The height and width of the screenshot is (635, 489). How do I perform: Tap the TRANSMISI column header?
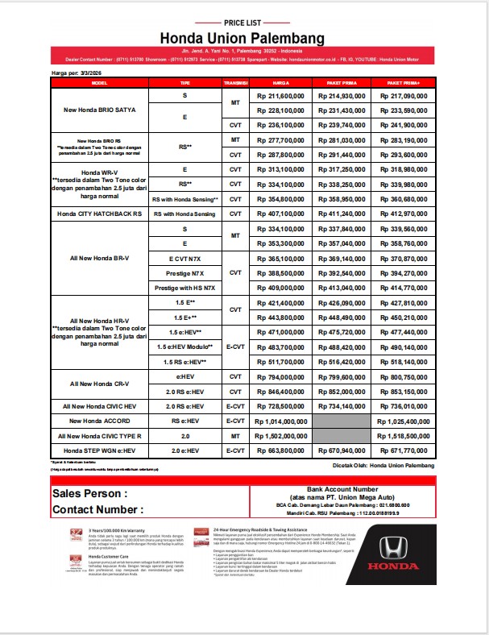235,82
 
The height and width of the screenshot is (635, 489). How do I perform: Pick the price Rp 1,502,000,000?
281,435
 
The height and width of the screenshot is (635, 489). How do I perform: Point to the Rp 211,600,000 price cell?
281,96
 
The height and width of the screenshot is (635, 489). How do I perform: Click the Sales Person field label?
90,493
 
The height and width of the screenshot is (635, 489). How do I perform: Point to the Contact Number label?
97,509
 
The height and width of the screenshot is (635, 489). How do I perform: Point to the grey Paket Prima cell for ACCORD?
341,421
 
